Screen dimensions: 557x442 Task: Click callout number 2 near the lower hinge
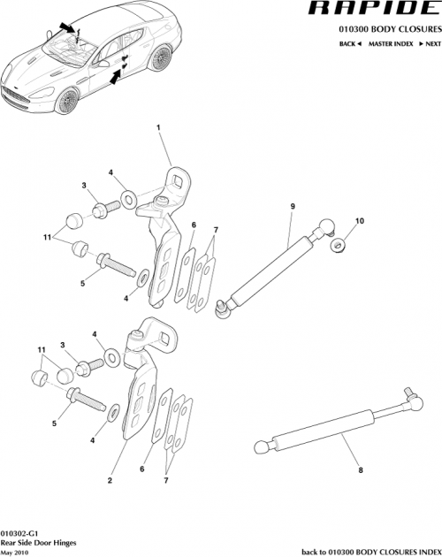(x=109, y=481)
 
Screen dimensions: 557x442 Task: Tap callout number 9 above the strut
(x=292, y=207)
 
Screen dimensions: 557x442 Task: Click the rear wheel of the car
(x=160, y=59)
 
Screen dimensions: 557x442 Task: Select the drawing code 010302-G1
(x=19, y=535)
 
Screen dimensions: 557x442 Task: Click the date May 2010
(x=14, y=553)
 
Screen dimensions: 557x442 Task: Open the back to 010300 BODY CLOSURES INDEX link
(x=370, y=551)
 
